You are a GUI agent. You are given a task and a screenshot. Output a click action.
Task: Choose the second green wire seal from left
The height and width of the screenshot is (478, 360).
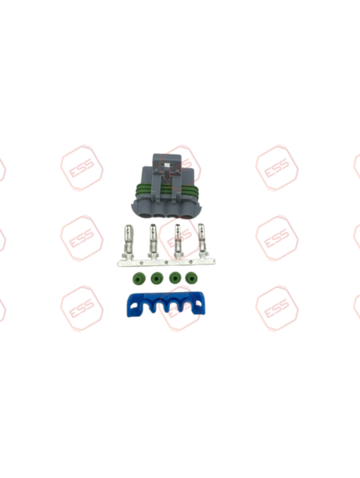pos(155,279)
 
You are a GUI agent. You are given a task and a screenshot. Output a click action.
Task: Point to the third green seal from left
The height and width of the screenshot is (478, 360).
pos(174,279)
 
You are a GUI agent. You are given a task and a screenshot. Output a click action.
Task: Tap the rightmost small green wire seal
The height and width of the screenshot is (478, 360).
pos(192,279)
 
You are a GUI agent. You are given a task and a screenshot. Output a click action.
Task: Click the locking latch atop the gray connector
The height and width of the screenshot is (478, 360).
pos(167,163)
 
